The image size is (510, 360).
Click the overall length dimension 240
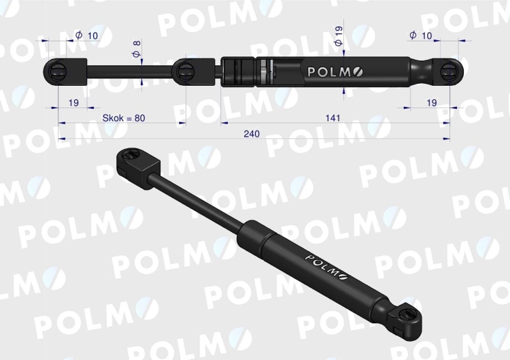(252, 133)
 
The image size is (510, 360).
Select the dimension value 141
(333, 118)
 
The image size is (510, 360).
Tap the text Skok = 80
(124, 118)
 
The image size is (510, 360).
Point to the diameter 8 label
(137, 50)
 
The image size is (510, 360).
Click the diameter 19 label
(339, 35)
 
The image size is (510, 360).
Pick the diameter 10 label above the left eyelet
(87, 35)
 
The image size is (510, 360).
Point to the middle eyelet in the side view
(186, 71)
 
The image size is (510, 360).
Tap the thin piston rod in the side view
(129, 70)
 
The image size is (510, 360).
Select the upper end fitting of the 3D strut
(138, 164)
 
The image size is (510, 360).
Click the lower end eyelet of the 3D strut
(408, 314)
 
